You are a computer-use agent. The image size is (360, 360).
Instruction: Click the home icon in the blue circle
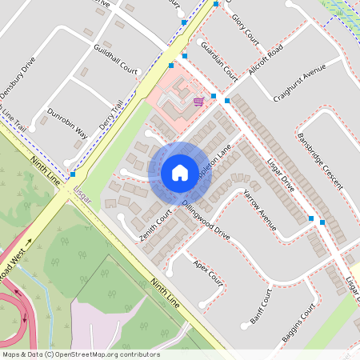(x=180, y=172)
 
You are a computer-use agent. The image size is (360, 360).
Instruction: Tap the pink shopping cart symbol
(x=198, y=101)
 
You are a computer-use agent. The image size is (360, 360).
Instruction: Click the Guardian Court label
(x=220, y=60)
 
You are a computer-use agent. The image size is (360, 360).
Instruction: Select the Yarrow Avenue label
(x=260, y=210)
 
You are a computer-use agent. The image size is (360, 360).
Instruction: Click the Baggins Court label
(x=299, y=326)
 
